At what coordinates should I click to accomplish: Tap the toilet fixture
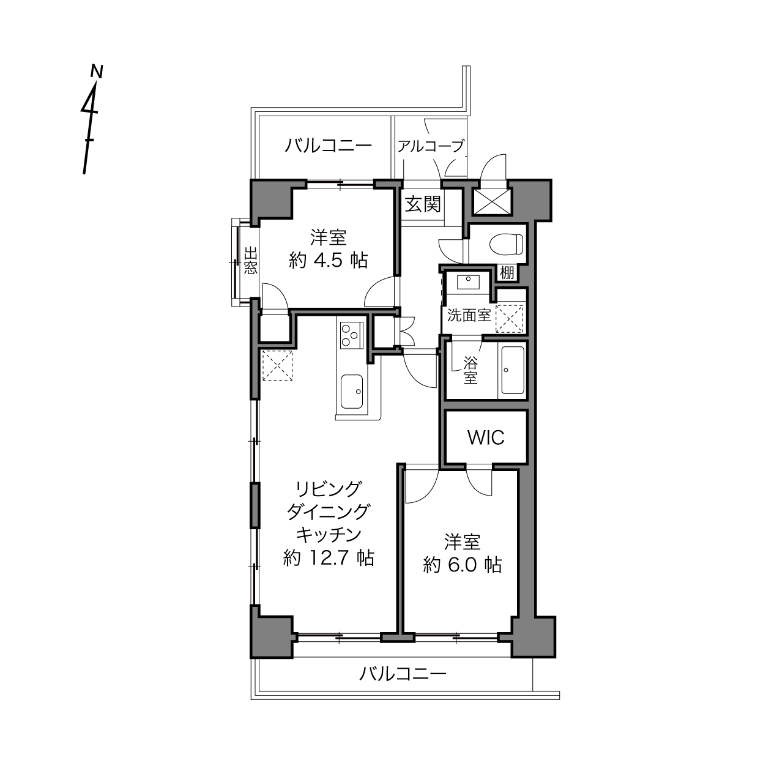coord(506,244)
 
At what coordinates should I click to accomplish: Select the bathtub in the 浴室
coord(512,370)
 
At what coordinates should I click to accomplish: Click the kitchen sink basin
coord(351,392)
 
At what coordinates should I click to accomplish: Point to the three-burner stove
coord(351,335)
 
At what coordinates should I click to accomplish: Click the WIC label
coord(486,437)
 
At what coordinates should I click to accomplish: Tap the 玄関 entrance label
coord(423,204)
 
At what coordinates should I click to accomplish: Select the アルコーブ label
coord(431,146)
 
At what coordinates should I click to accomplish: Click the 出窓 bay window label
coord(250,261)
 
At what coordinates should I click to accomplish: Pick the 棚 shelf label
coord(507,273)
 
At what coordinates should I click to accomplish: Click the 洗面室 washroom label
coord(469,315)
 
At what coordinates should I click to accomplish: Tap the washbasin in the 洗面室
coord(468,283)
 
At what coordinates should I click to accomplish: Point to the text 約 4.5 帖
coord(329,261)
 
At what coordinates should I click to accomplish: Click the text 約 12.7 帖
coord(329,558)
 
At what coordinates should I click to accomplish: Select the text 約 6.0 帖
coord(463,565)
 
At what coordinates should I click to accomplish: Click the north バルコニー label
coord(328,146)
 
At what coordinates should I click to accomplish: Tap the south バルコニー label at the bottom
coord(403,674)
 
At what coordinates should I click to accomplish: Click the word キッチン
coord(329,535)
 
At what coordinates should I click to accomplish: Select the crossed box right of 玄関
coord(492,201)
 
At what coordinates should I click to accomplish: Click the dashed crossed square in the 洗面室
coord(509,319)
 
